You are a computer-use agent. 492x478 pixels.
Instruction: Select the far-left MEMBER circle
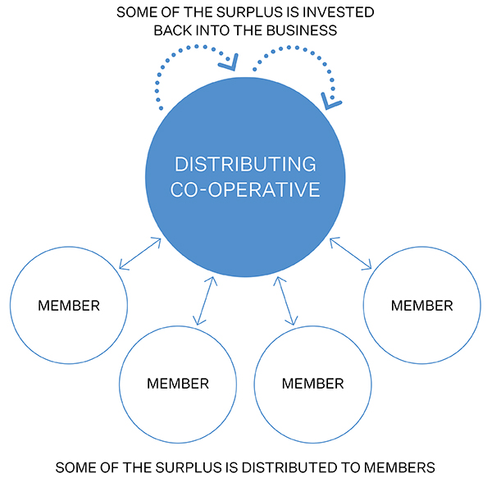69,306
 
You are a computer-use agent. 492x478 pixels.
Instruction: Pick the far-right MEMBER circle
421,306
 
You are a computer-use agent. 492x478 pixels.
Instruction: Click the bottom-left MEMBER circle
178,383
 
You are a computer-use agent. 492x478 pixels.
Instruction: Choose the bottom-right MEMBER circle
313,383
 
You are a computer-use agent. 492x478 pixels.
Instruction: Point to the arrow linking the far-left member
139,253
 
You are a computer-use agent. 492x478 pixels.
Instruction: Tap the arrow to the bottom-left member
205,300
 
